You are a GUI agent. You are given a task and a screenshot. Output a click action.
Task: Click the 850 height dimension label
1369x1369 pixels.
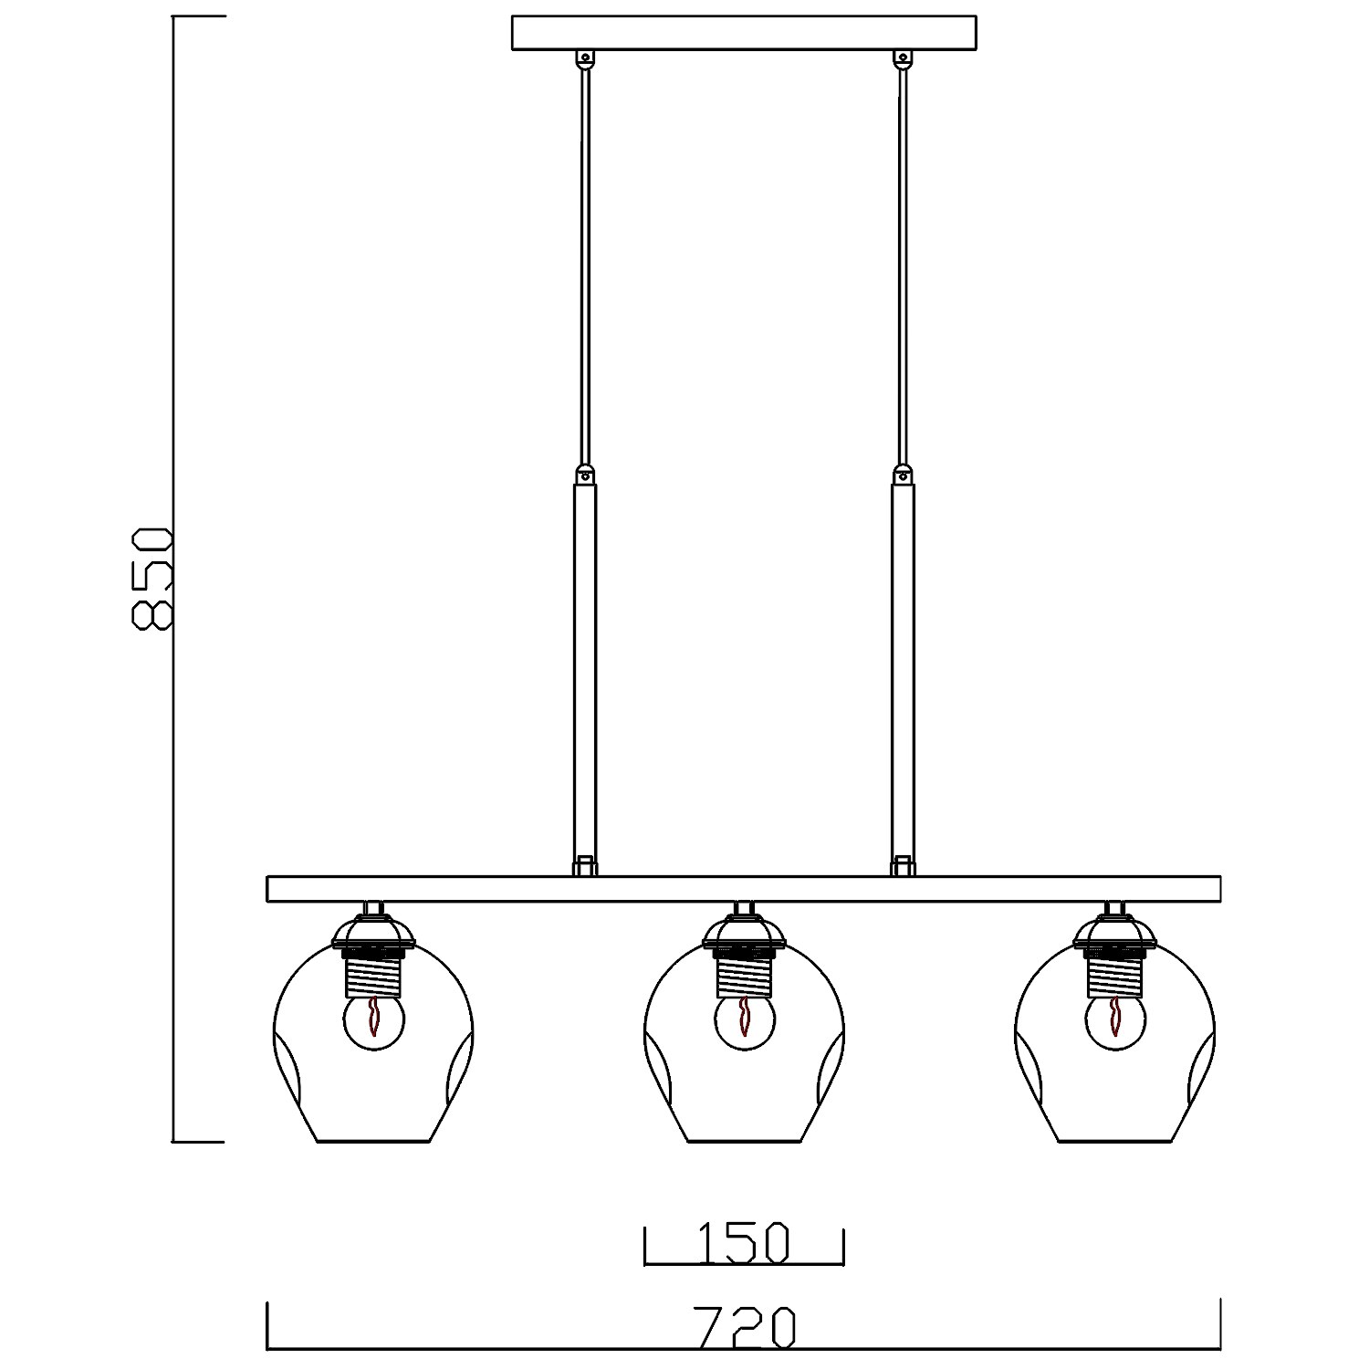click(x=152, y=578)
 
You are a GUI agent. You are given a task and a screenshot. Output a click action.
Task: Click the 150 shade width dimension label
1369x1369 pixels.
click(x=743, y=1242)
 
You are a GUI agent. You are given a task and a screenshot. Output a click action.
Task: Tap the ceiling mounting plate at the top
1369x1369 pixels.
click(x=743, y=33)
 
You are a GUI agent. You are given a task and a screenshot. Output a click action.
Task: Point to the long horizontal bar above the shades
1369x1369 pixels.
click(x=743, y=889)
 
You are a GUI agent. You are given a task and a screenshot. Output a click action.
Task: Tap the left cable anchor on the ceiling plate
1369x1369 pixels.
click(x=584, y=59)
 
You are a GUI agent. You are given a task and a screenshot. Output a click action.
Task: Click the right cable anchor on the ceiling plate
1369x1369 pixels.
click(x=903, y=59)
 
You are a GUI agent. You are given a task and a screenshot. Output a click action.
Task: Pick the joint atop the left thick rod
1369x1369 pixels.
click(x=584, y=475)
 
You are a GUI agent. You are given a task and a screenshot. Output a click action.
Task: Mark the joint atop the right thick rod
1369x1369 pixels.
click(x=903, y=475)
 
